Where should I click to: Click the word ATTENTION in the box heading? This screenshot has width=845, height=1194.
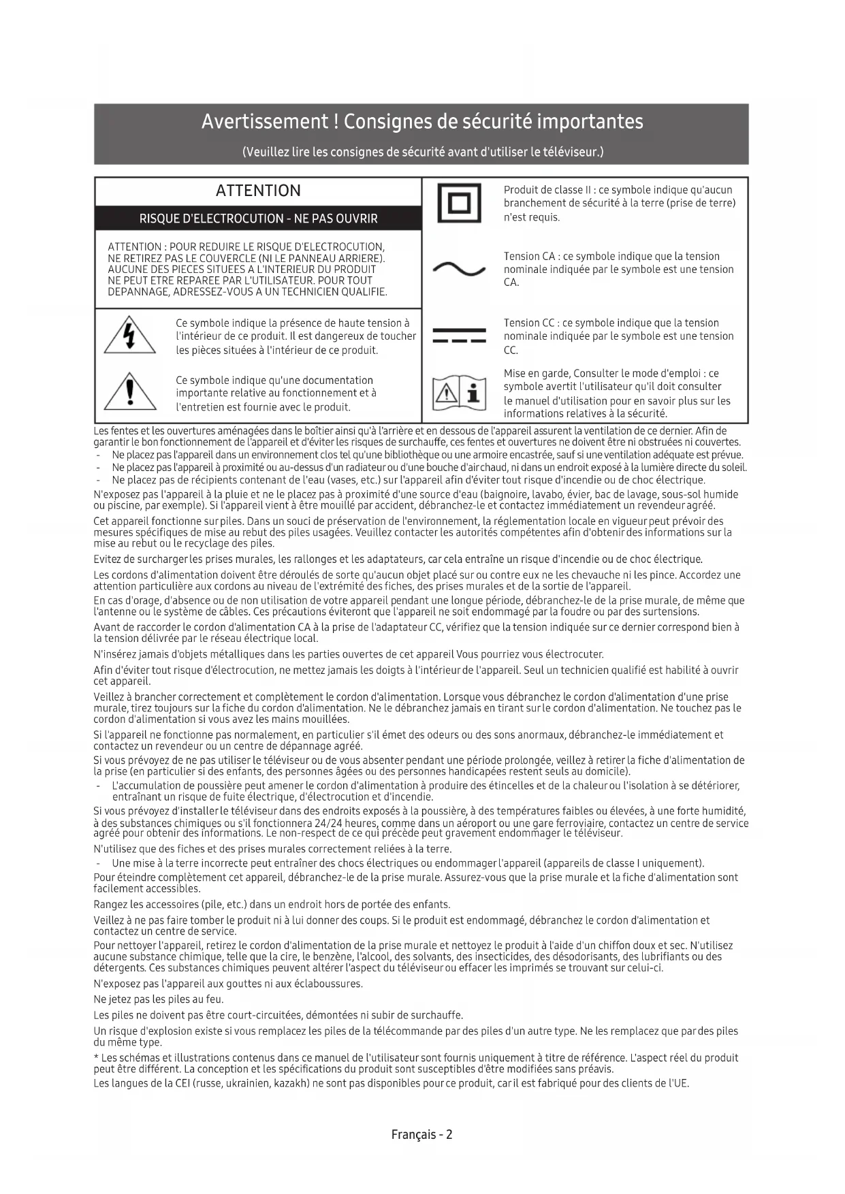pyautogui.click(x=258, y=191)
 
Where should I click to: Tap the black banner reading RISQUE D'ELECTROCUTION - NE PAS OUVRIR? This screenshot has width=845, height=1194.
pyautogui.click(x=258, y=219)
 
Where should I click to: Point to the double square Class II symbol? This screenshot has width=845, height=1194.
pyautogui.click(x=459, y=203)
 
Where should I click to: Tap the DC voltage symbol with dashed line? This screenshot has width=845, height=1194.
pyautogui.click(x=459, y=336)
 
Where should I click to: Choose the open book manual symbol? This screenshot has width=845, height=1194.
pyautogui.click(x=460, y=393)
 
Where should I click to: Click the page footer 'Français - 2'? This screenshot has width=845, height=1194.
pyautogui.click(x=422, y=1134)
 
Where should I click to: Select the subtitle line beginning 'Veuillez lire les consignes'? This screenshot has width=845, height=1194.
pyautogui.click(x=422, y=151)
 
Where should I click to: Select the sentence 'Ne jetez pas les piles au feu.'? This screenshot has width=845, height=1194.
pyautogui.click(x=159, y=999)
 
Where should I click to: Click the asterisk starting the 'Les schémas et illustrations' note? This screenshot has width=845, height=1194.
pyautogui.click(x=96, y=1057)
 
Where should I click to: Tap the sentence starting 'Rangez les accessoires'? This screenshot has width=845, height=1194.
pyautogui.click(x=272, y=905)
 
